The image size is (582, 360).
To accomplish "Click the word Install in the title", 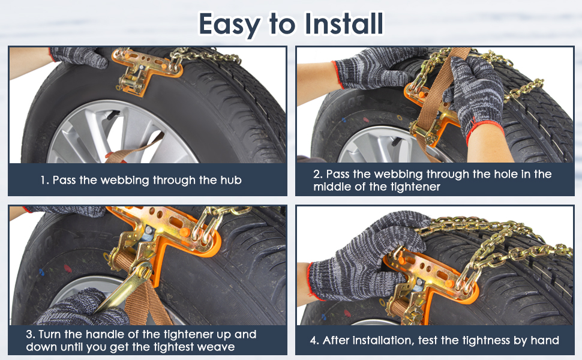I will (x=343, y=24).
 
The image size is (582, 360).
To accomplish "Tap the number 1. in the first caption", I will (x=44, y=180).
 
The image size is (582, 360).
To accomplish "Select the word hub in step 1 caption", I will (x=230, y=180).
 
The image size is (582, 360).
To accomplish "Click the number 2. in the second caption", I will (x=318, y=174).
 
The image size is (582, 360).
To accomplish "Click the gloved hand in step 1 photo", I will (x=78, y=57).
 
